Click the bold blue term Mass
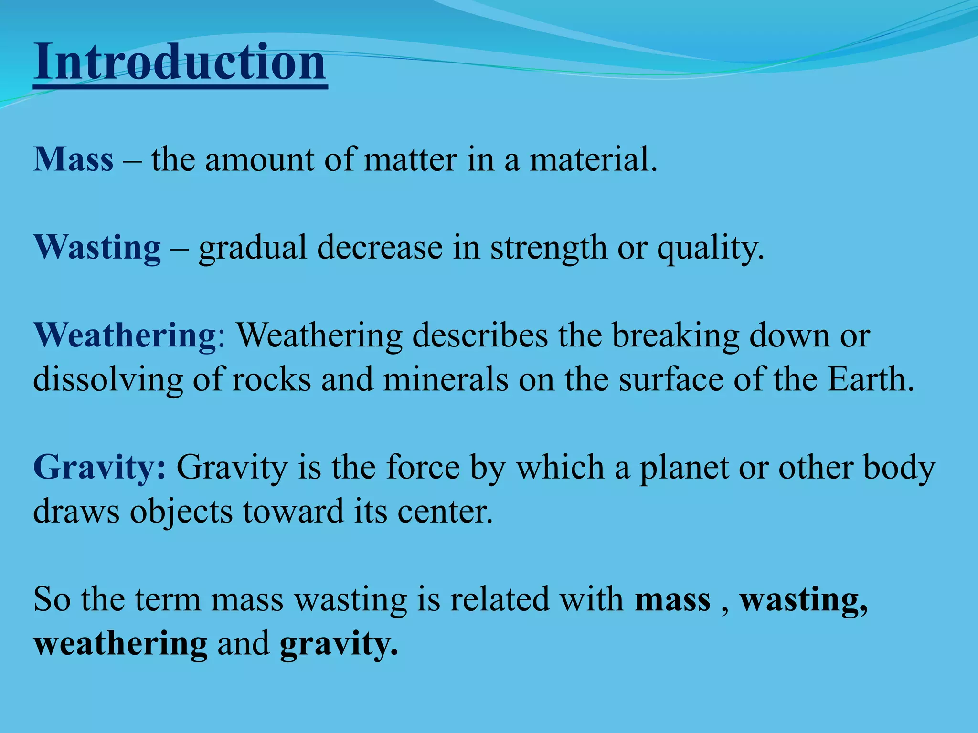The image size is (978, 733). coord(74,159)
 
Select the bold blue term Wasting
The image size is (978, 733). coord(97,247)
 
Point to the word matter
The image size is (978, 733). coord(410,159)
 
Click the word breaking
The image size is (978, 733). coord(675,336)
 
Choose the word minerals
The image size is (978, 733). coord(445,380)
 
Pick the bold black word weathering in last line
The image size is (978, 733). coord(120,644)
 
